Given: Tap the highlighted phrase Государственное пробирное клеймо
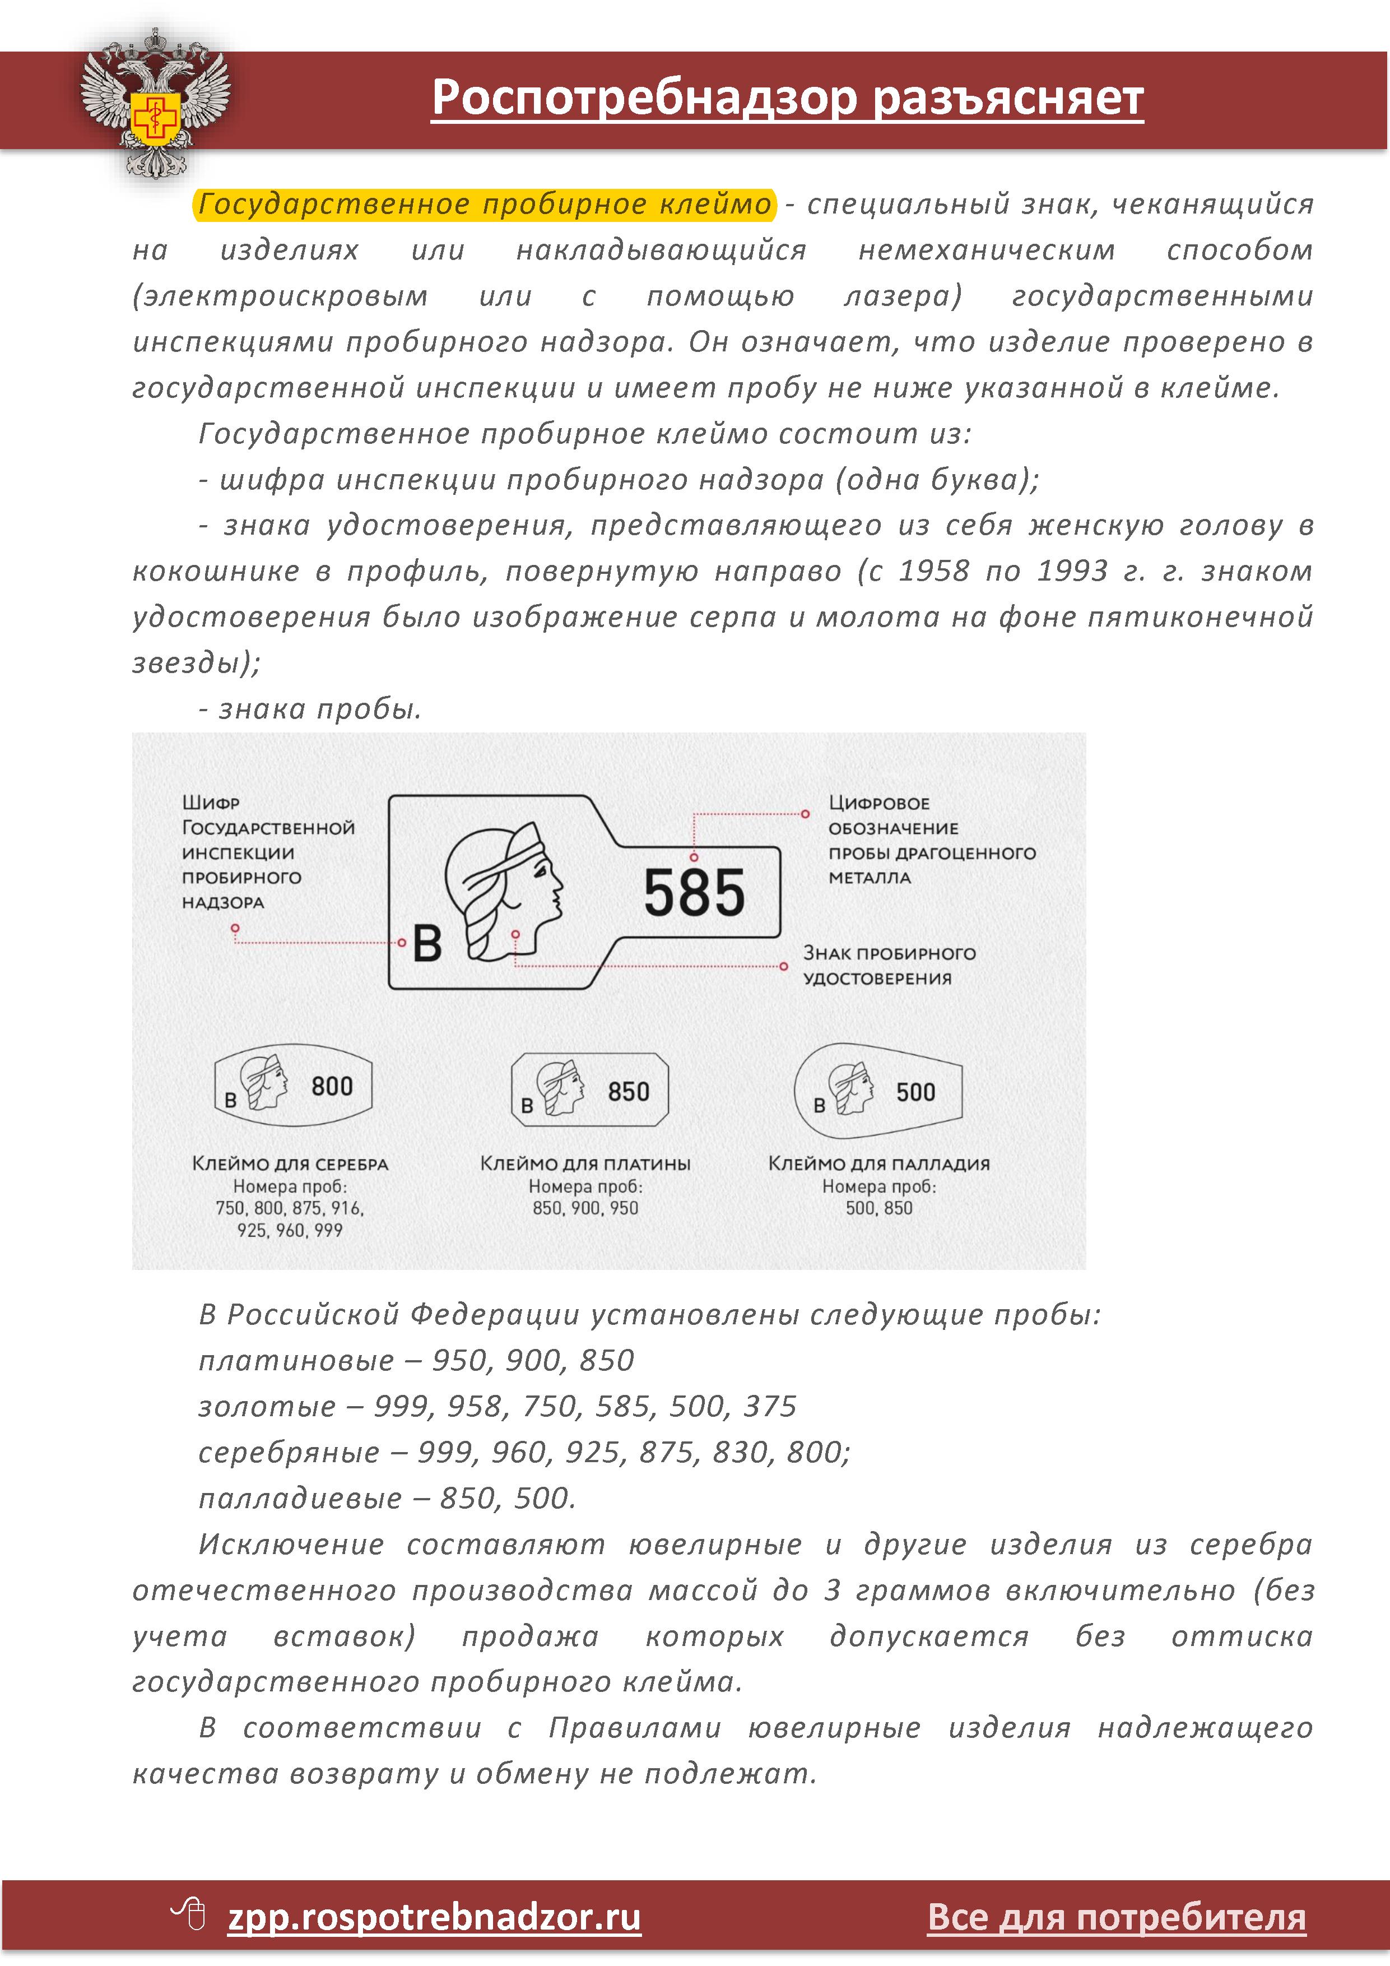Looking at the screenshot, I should pos(485,205).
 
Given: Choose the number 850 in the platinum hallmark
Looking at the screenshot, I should pos(628,1092).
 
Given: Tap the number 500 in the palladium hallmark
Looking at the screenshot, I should pos(915,1092).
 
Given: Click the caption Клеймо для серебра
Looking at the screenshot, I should pos(290,1163).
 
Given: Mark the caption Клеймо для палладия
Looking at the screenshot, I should pos(879,1163).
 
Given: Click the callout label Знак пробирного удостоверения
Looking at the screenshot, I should pos(889,966).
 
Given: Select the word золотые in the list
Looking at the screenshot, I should pos(267,1406).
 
